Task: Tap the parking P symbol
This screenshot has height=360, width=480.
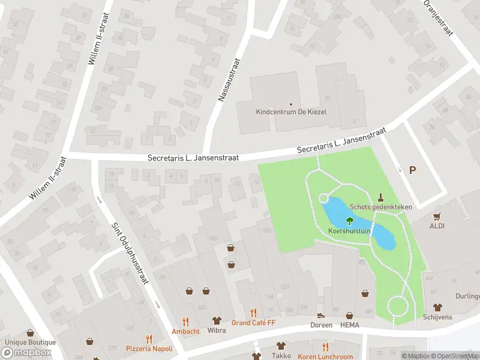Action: coord(412,170)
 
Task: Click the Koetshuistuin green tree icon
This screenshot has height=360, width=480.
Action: coord(350,220)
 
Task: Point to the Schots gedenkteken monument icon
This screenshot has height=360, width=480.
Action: coord(380,197)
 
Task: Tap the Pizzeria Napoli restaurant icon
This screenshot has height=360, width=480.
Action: coord(149,339)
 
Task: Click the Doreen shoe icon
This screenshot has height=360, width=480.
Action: coord(321,315)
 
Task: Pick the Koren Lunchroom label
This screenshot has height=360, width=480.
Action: coord(325,356)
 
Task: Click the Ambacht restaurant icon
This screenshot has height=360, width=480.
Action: coord(185,322)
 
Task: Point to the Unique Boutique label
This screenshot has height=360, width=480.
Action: coord(30,343)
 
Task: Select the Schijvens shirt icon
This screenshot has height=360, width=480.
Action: coord(437,307)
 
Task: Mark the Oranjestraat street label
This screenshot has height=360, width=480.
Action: coord(437,18)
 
